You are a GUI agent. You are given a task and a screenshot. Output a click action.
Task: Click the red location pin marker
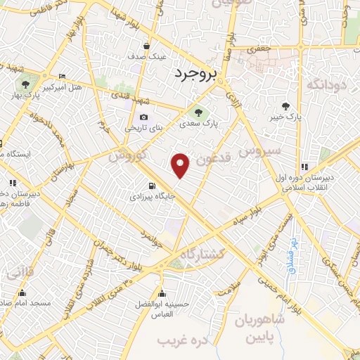(181, 165)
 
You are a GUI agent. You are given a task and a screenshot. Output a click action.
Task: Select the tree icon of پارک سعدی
(199, 111)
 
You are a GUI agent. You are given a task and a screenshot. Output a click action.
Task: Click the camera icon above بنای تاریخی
(143, 117)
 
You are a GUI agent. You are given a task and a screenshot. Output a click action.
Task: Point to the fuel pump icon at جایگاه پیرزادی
(150, 186)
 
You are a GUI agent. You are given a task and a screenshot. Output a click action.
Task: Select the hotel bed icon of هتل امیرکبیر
(62, 77)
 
